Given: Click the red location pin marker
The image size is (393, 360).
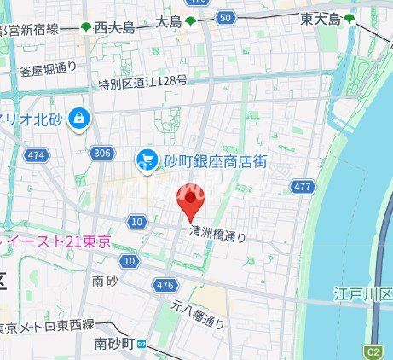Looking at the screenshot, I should point(190,203).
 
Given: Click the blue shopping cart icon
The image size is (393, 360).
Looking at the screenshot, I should point(146,159).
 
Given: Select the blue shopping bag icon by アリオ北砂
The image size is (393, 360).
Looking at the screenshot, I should point(78,118).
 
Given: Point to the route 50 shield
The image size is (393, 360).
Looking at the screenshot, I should point(225,17).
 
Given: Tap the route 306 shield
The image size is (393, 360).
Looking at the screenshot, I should point(101,153).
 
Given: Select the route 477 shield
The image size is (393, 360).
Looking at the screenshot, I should point(301,185).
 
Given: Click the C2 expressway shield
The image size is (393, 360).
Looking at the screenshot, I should point(373,351).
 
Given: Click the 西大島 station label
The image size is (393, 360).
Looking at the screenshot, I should point(116,28).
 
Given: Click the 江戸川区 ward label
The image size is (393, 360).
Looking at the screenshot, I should point(363,294).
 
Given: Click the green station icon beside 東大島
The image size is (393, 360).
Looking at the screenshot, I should point(350,18).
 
